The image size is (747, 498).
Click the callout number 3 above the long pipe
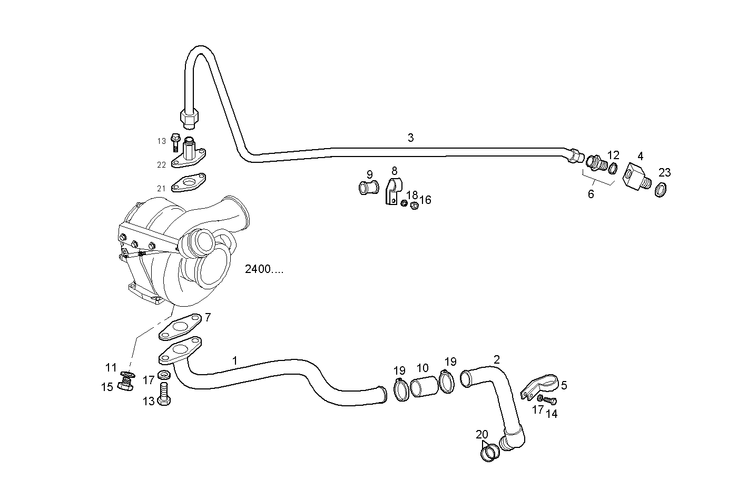point(410,138)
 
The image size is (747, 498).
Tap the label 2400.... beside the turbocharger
point(264,269)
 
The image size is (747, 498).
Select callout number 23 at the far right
point(664,172)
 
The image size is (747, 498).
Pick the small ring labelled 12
point(613,169)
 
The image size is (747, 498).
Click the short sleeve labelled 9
point(369,187)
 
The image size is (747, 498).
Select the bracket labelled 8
point(392,192)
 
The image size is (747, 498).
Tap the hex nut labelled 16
point(414,205)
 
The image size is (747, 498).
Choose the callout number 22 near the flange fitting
point(161,165)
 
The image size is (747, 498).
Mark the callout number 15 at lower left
point(107,387)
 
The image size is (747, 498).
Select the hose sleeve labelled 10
point(424,388)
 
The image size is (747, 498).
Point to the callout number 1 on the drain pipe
point(235,360)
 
